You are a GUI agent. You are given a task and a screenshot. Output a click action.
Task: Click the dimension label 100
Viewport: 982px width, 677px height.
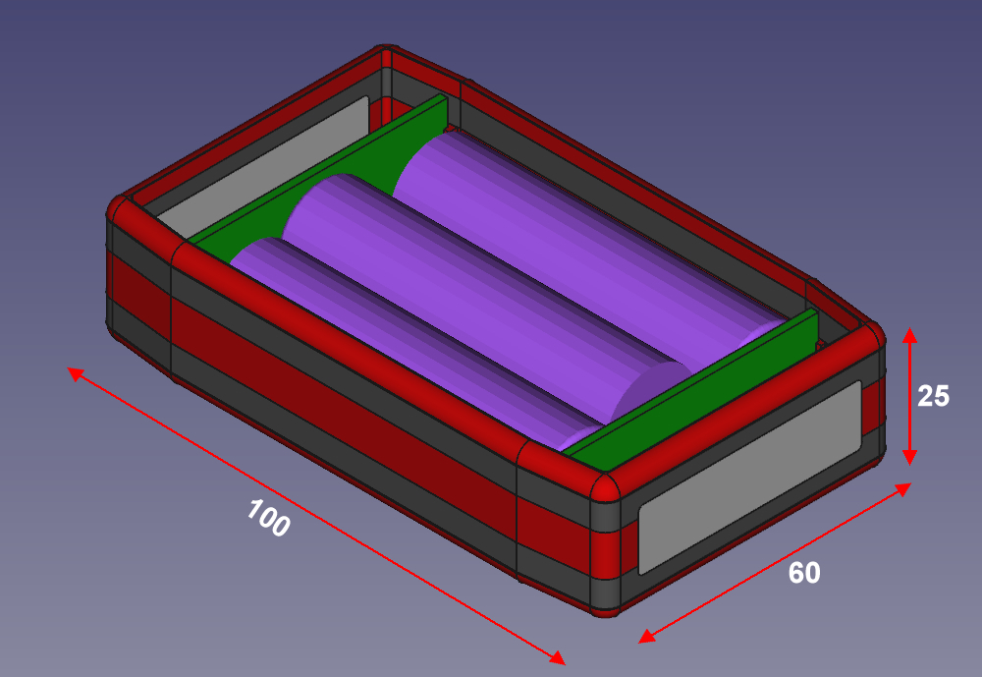(x=268, y=519)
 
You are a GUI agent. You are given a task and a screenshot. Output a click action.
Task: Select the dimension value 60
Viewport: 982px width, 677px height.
(x=804, y=573)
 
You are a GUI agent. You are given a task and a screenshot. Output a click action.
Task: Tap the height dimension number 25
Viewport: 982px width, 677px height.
(x=933, y=396)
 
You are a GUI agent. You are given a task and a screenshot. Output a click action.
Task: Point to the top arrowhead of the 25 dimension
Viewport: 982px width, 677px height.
(x=910, y=335)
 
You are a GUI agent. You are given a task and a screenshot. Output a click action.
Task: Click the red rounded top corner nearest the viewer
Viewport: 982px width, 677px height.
(x=603, y=486)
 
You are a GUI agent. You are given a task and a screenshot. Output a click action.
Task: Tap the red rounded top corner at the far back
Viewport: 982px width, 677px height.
(x=385, y=54)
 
